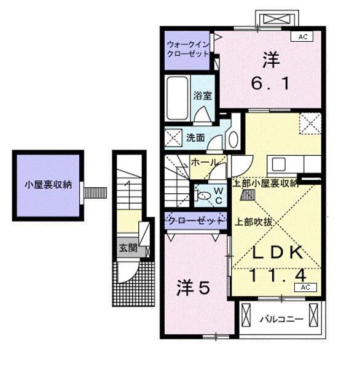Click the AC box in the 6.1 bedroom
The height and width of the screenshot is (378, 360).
(302, 37)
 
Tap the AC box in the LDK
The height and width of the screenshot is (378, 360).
(305, 287)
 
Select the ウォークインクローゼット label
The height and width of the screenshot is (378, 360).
(188, 49)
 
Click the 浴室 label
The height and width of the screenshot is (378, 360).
(203, 96)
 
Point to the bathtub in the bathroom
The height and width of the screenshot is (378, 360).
(178, 98)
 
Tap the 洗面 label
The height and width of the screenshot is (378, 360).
(195, 137)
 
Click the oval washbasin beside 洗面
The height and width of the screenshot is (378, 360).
(233, 140)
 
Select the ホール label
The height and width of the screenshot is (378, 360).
(204, 162)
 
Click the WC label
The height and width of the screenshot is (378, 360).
(219, 196)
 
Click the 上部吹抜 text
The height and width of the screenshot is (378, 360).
(254, 222)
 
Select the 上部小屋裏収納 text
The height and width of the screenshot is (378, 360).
(265, 183)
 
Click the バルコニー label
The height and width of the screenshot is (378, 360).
(281, 319)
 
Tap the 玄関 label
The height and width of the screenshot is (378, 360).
(128, 247)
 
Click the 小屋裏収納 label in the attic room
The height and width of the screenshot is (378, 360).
(49, 185)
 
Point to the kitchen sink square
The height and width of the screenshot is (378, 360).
(279, 164)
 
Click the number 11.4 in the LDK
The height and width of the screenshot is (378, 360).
(278, 275)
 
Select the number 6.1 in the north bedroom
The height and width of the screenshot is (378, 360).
(270, 83)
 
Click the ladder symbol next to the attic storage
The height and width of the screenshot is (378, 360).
(248, 195)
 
